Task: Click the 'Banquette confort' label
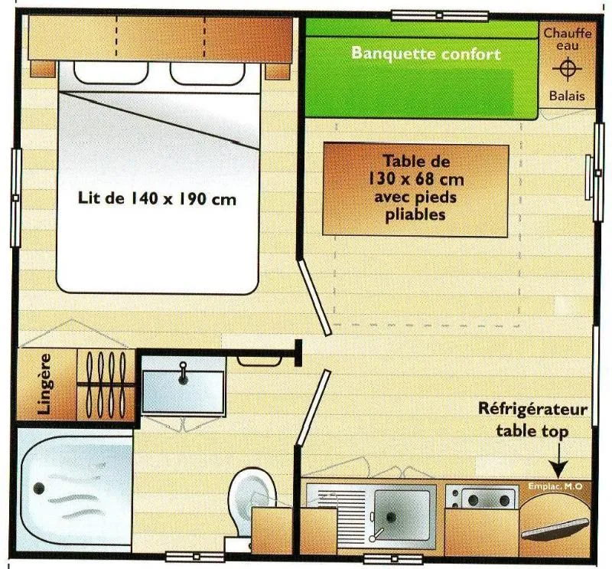click(425, 54)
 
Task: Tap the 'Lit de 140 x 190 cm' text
click(157, 198)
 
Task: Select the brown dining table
click(415, 189)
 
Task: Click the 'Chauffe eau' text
click(567, 39)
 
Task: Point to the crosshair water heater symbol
click(567, 70)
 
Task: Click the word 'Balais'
click(567, 96)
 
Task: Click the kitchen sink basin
click(400, 511)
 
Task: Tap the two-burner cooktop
click(471, 499)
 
